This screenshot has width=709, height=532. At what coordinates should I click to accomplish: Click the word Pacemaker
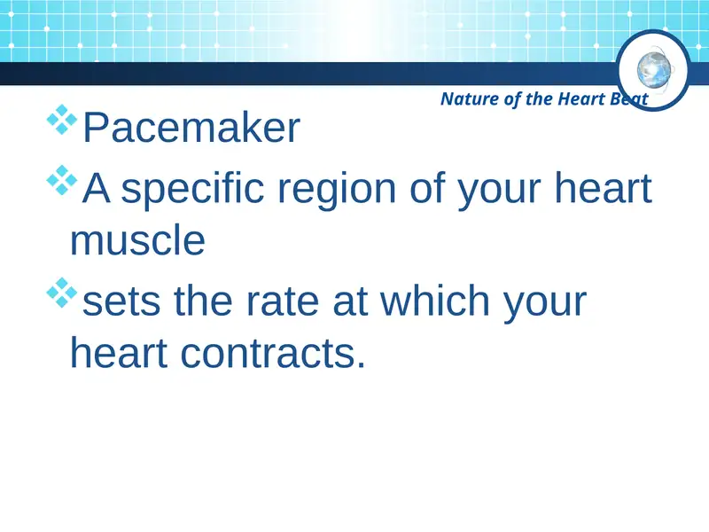click(191, 129)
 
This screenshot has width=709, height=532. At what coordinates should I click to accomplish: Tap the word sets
click(121, 302)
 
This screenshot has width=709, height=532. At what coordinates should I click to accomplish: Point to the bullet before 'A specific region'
click(62, 181)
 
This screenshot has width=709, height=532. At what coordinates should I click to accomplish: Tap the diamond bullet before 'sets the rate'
click(62, 293)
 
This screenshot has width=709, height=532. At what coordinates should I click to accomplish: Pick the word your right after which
click(543, 302)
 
